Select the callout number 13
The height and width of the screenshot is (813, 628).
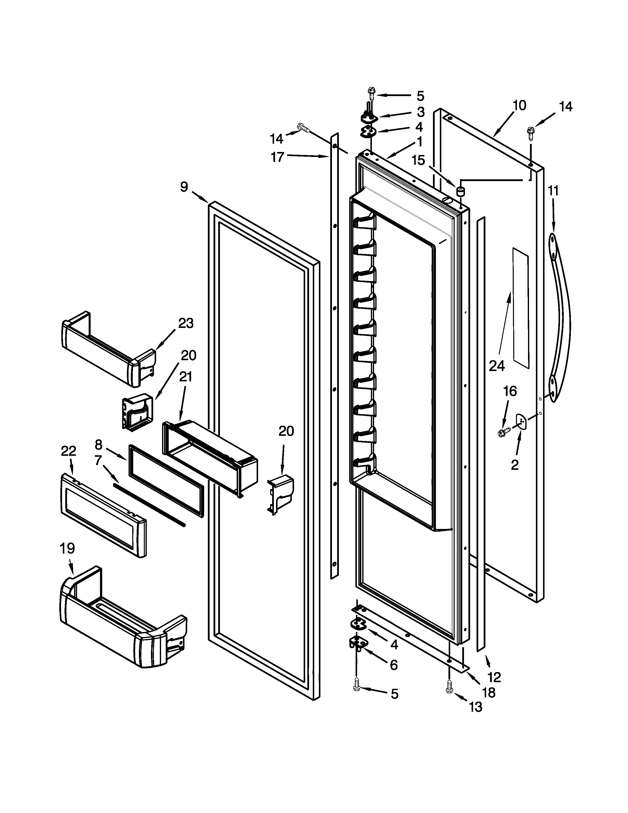click(x=476, y=707)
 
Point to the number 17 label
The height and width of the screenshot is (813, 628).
click(x=277, y=157)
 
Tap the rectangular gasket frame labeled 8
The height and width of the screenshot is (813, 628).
click(x=166, y=480)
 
